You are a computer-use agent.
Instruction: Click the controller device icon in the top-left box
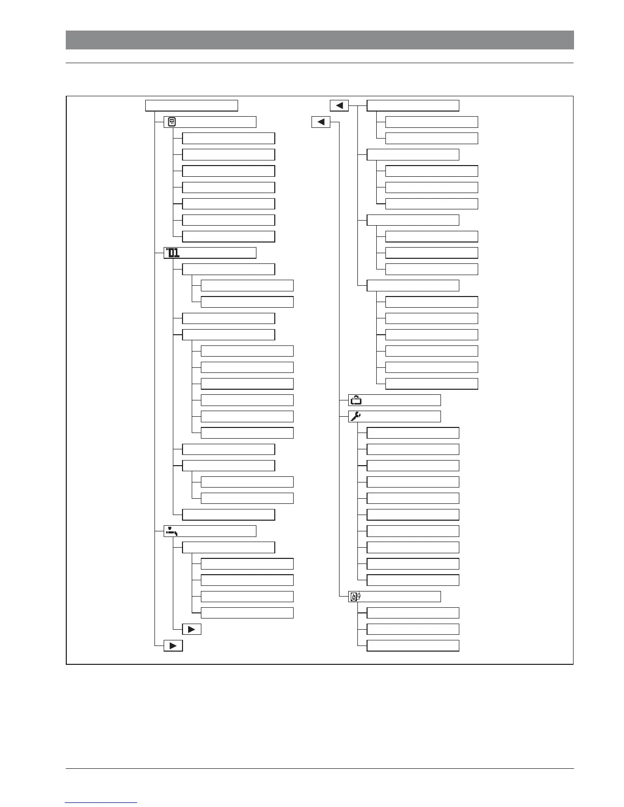tap(172, 122)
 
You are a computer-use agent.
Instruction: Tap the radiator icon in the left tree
tap(173, 253)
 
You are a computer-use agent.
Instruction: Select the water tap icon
tap(171, 531)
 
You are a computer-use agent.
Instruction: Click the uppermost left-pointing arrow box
tap(339, 105)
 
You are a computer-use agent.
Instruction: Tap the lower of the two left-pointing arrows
tap(321, 122)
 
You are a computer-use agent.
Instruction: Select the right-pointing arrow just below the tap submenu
tap(192, 629)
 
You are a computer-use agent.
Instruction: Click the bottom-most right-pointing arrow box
tap(173, 645)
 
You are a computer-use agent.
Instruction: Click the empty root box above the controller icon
tap(192, 105)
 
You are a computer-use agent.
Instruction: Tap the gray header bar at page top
tap(320, 40)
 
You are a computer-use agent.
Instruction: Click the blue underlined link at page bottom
tap(101, 802)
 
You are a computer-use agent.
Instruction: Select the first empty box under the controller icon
tap(228, 138)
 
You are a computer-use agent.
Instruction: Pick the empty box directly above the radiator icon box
tap(228, 236)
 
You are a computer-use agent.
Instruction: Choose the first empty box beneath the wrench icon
tap(413, 433)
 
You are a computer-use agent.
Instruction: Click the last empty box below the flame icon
tap(413, 645)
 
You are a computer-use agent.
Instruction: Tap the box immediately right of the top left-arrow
tap(413, 105)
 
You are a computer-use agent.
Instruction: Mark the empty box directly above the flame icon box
tap(413, 580)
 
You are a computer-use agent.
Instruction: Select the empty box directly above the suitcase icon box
tap(431, 384)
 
